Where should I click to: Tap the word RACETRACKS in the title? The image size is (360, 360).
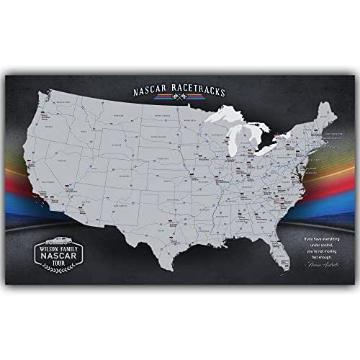(199, 91)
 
